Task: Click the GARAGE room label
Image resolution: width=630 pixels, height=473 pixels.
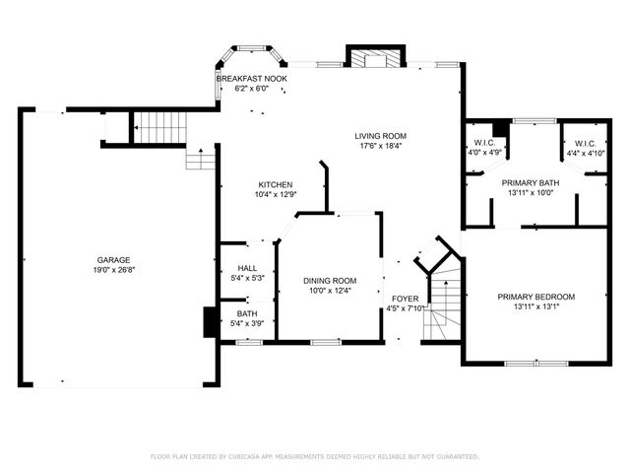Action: [112, 260]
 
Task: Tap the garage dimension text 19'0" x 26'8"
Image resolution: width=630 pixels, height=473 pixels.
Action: [112, 270]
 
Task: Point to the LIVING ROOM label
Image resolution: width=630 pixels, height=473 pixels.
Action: [381, 136]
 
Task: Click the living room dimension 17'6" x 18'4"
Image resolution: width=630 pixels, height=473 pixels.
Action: [381, 146]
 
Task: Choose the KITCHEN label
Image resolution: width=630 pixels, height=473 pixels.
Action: [275, 184]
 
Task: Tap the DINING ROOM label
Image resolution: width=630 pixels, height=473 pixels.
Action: [329, 280]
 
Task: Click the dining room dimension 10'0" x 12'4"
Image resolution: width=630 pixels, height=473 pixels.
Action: [329, 290]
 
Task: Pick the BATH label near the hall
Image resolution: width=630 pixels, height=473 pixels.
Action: [246, 313]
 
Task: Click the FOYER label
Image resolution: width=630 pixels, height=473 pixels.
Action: [405, 298]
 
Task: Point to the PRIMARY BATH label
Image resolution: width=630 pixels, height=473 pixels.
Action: [533, 183]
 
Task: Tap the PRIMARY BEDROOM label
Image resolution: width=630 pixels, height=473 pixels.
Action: [535, 297]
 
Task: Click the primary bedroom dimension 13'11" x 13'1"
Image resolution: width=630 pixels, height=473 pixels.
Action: [535, 306]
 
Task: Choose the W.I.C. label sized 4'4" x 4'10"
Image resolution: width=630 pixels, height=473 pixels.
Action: [585, 143]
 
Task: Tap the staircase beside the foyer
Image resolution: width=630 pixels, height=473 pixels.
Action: [448, 296]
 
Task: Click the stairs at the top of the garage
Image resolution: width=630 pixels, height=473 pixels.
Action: [153, 126]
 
